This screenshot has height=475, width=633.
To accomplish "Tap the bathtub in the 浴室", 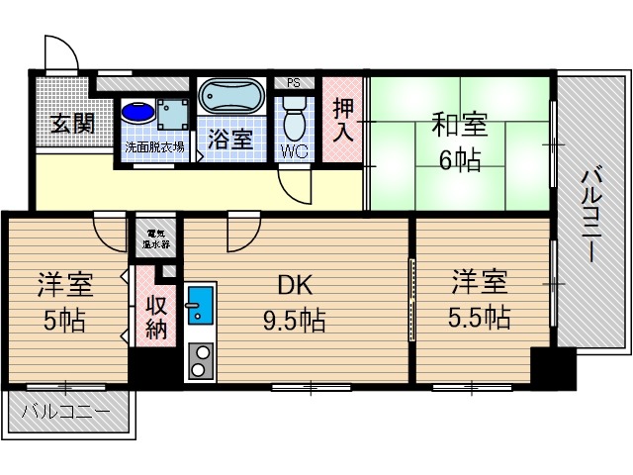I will coord(230,99).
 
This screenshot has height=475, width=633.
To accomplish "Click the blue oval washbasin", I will coord(138,113).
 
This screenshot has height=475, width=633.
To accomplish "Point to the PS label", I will coord(294,83).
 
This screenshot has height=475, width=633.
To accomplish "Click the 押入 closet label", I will coord(343,121).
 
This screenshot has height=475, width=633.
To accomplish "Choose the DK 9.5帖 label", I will coord(294,303).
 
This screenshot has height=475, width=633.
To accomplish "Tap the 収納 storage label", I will coord(156,317).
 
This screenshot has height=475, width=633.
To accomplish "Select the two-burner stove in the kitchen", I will coord(200,361).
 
